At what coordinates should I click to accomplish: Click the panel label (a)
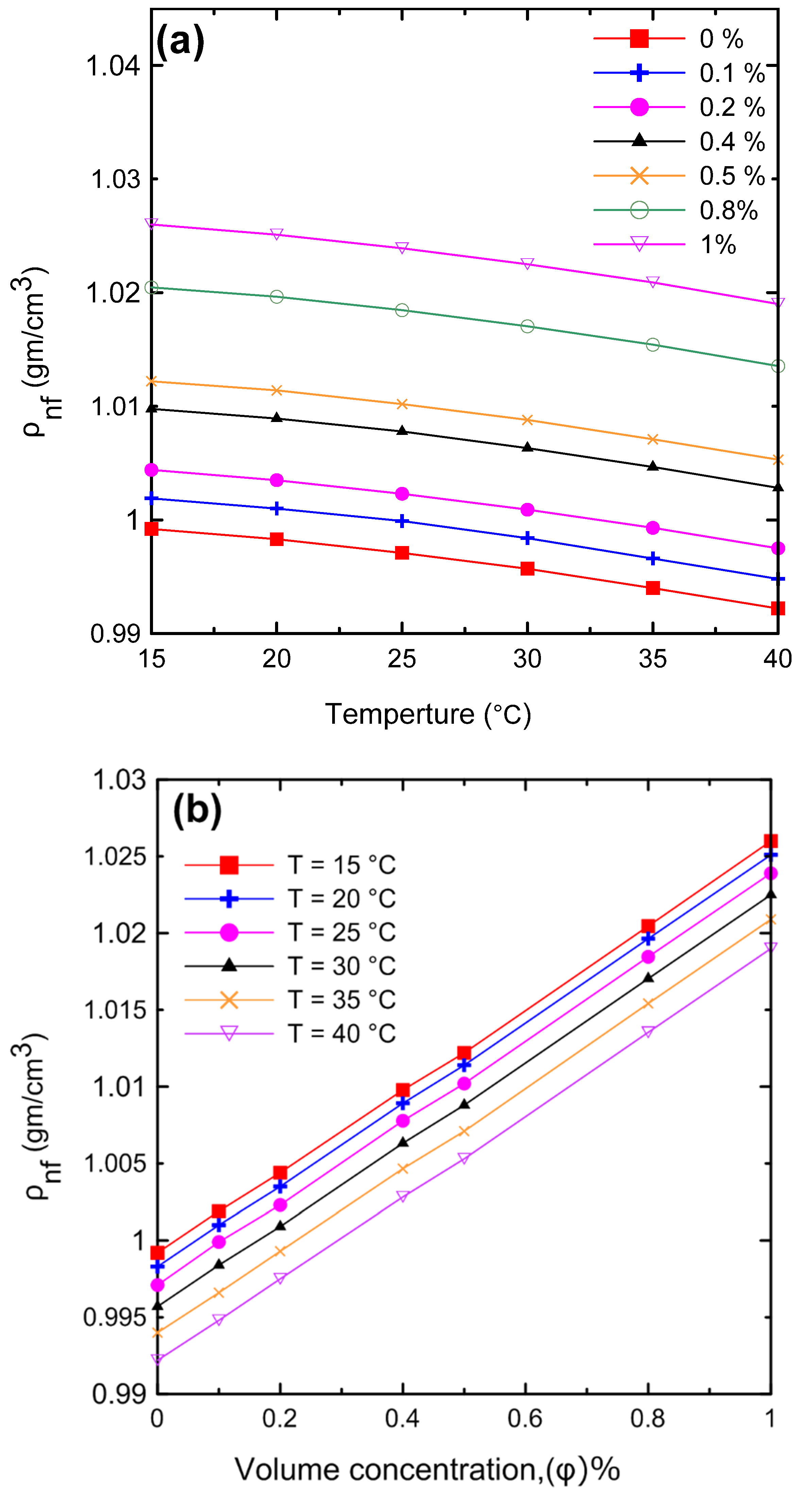tap(180, 42)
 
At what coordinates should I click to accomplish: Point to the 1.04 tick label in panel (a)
tap(113, 66)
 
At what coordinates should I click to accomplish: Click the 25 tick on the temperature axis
tap(402, 658)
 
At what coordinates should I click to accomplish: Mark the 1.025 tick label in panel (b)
tap(115, 857)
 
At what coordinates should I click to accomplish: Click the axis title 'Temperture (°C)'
tap(428, 714)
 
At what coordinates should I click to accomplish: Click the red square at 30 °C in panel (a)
tap(527, 568)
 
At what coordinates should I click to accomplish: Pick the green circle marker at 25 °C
tap(402, 310)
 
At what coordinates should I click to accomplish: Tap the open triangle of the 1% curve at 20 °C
tap(276, 234)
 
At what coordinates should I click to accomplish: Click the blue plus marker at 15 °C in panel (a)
tap(151, 498)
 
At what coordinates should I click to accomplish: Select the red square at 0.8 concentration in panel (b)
tap(648, 926)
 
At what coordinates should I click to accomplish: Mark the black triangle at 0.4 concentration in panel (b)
tap(403, 1142)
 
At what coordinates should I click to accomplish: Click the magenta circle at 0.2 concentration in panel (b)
tap(280, 1205)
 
